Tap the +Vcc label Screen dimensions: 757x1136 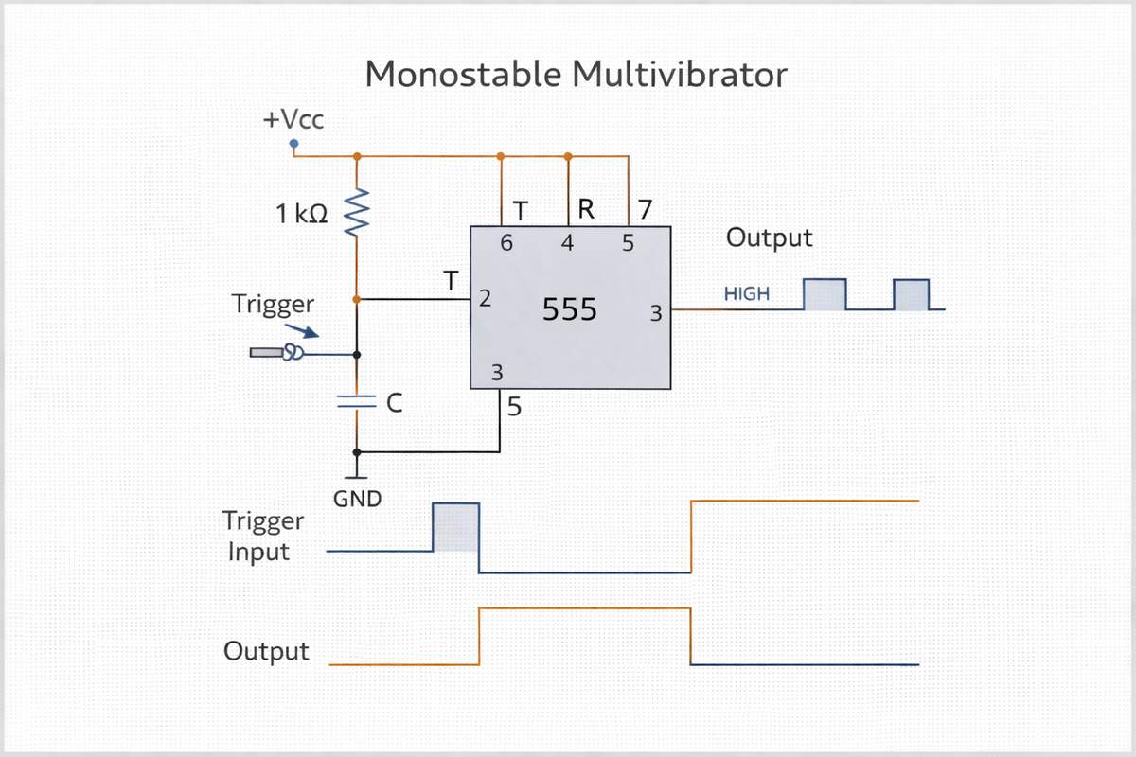(293, 120)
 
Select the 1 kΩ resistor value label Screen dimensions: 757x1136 (302, 215)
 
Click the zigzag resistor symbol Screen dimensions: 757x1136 (357, 213)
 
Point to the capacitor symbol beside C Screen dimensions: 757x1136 (357, 402)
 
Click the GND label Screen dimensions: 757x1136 (357, 498)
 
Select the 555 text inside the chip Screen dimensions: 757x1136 (569, 309)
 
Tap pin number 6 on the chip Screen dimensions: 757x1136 (506, 243)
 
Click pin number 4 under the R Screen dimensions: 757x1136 (567, 243)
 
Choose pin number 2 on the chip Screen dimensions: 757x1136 (485, 300)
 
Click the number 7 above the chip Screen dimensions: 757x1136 (644, 208)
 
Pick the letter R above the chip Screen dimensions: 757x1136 (585, 209)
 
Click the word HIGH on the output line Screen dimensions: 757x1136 (746, 294)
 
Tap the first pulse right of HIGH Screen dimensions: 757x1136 (824, 294)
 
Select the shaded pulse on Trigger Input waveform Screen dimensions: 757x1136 (456, 527)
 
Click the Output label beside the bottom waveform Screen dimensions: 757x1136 (266, 651)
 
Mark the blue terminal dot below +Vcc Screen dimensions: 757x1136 (293, 144)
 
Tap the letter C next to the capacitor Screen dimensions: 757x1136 (396, 403)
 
